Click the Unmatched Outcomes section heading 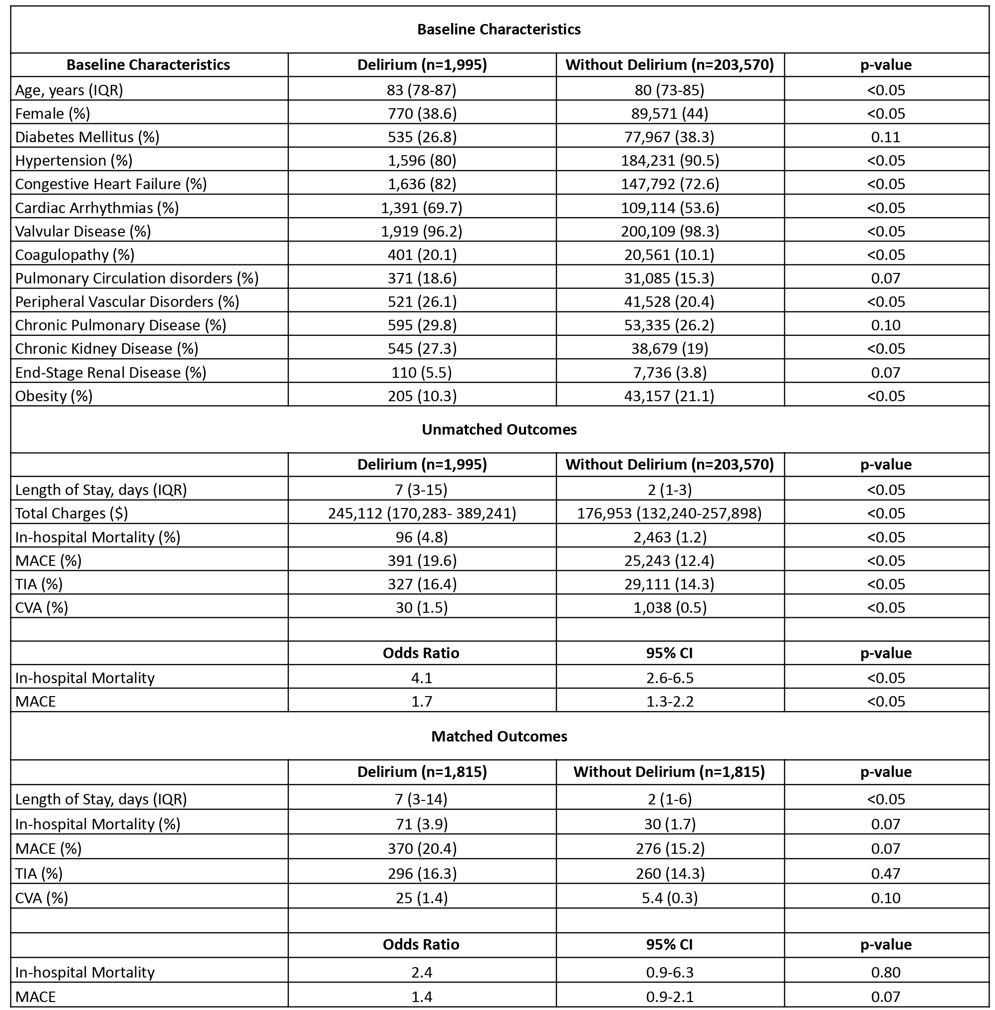(x=499, y=430)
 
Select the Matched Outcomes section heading (x=499, y=736)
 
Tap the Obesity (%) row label (x=54, y=396)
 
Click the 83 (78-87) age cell (x=422, y=90)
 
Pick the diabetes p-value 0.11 (x=886, y=137)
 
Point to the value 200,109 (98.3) (x=670, y=231)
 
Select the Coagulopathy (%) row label (x=75, y=254)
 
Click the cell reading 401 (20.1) (x=422, y=254)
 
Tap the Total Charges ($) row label (x=71, y=513)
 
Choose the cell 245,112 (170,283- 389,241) (x=422, y=513)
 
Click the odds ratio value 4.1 (x=422, y=678)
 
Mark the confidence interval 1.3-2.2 (x=670, y=701)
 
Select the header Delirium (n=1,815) (x=422, y=772)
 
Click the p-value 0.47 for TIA (x=886, y=873)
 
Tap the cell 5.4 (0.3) (x=670, y=898)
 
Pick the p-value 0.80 (x=886, y=972)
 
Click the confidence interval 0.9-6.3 (x=670, y=972)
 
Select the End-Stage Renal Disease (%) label (x=111, y=373)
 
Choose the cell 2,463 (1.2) (x=670, y=537)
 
